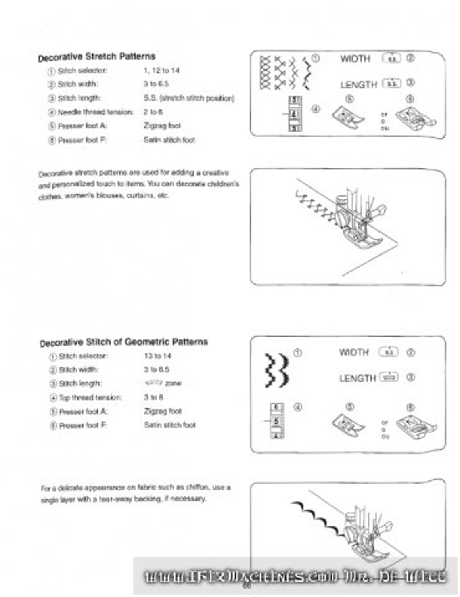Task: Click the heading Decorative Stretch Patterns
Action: (96, 57)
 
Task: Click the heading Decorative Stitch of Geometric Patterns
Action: (123, 342)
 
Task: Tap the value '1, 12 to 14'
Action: (161, 71)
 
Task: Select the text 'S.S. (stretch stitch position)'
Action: (189, 98)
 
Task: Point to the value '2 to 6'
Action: (153, 112)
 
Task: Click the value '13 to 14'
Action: (157, 356)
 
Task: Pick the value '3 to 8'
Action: (153, 398)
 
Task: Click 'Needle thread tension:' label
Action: (95, 112)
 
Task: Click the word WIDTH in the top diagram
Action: (355, 59)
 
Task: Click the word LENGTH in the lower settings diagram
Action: (358, 379)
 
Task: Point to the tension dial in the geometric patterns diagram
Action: (277, 421)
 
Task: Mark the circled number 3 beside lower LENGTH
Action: (411, 378)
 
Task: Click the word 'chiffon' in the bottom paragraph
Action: (197, 487)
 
